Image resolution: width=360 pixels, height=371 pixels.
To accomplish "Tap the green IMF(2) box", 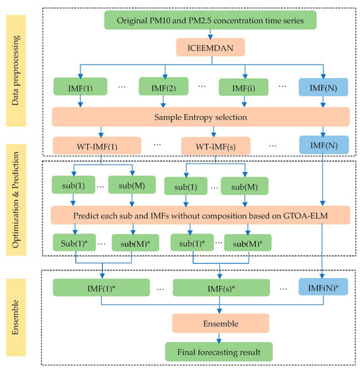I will pos(163,86).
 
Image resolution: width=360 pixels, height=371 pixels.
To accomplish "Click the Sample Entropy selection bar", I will pos(201,115).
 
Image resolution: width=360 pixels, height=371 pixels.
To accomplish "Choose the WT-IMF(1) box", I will pos(95,145).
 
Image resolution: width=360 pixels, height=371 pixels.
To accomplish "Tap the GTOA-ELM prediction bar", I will pos(201,214).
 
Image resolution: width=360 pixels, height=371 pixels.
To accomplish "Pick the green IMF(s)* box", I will pos(215,288).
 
